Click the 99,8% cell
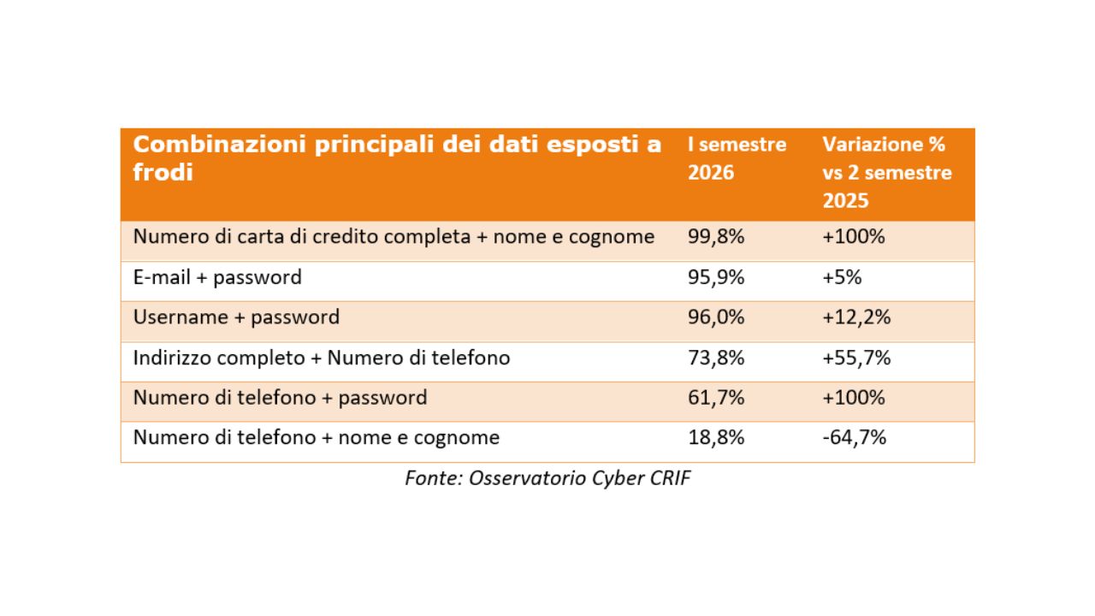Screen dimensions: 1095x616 pos(716,237)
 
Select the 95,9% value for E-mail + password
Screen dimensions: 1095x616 pos(716,277)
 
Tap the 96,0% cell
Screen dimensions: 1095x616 pos(716,317)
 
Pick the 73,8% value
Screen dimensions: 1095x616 pos(716,358)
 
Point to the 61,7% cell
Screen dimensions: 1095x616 pos(716,398)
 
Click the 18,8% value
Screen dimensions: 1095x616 pos(716,437)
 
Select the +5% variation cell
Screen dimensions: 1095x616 pos(842,277)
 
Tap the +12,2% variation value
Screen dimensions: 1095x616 pos(856,317)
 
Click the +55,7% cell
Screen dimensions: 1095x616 pos(856,358)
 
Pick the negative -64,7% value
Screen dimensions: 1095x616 pos(854,437)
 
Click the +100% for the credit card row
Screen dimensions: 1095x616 pos(854,237)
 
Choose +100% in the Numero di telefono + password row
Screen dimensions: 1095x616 pos(854,398)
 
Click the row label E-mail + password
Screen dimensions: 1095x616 pos(217,278)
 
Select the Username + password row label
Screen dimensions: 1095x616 pos(236,317)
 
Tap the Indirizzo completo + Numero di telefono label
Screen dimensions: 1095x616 pos(322,358)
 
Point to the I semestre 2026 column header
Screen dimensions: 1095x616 pos(737,158)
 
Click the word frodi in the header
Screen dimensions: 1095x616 pos(163,172)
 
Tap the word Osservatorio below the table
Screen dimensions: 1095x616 pos(528,478)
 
